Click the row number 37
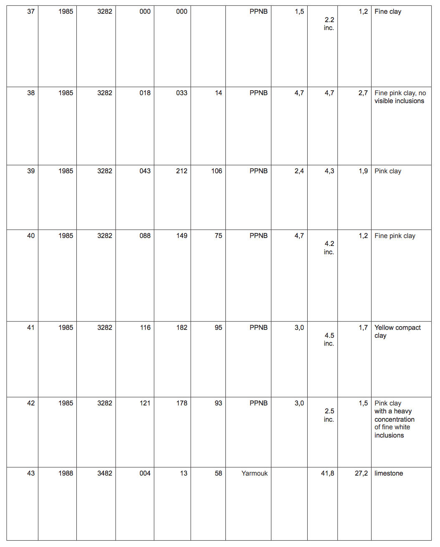tap(31, 12)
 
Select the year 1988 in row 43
tap(66, 473)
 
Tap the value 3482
tap(105, 473)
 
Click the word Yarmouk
tap(254, 473)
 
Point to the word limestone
tap(389, 473)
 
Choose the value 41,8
tap(327, 473)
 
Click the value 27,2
tap(361, 473)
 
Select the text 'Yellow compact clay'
tap(397, 332)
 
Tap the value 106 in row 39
tap(217, 171)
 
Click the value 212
tap(182, 171)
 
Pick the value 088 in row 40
tap(145, 236)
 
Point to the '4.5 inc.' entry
tap(329, 339)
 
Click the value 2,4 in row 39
tap(299, 171)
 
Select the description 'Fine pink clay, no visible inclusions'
tap(400, 97)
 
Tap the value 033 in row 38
tap(182, 93)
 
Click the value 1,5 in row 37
tap(299, 12)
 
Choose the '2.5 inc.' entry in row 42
tap(329, 415)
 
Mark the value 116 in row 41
tap(145, 327)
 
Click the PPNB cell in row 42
tap(258, 403)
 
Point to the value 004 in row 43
tap(145, 473)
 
